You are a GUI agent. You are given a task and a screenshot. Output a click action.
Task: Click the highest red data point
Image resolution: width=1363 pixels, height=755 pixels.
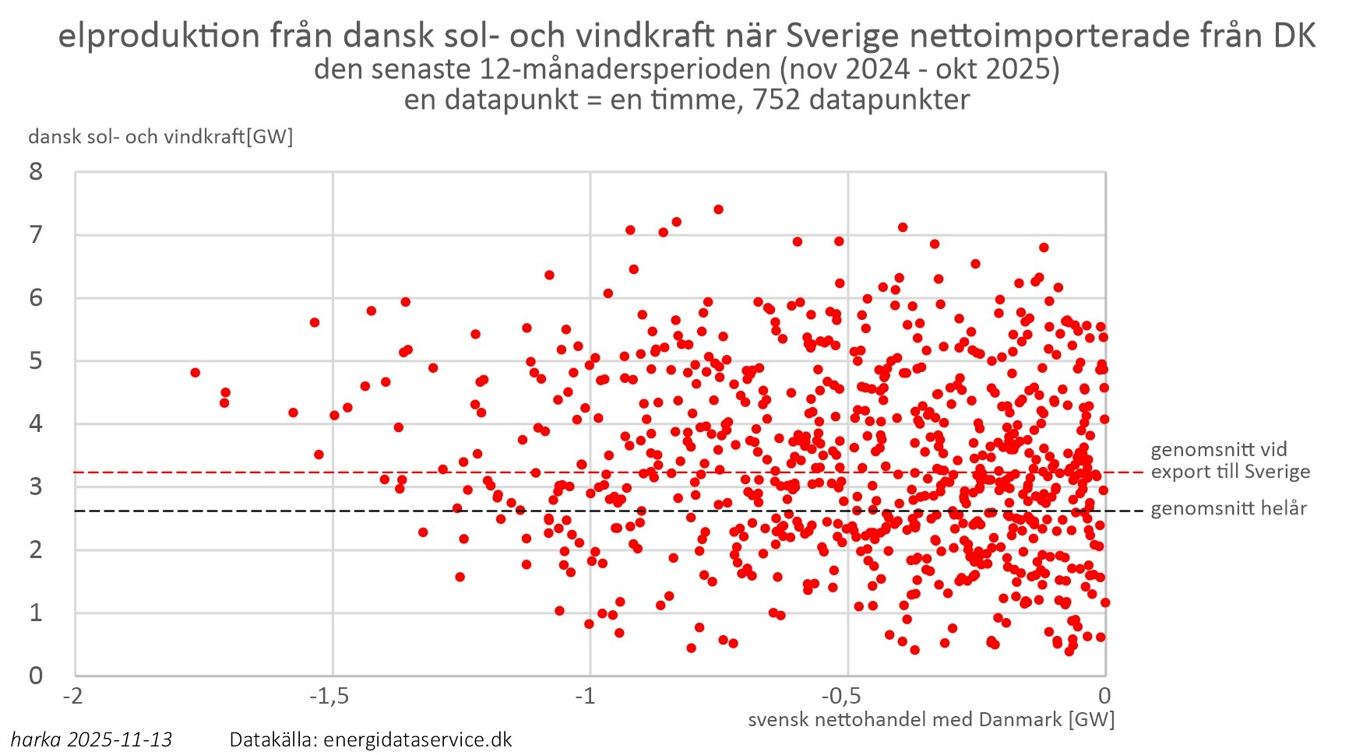tap(718, 209)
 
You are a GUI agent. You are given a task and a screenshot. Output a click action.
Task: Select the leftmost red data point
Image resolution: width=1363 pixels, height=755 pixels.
tap(195, 373)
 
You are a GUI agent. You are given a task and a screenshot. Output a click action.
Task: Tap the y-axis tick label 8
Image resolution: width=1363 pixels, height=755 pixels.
tap(36, 172)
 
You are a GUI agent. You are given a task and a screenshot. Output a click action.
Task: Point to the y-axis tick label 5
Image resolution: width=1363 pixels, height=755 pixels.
tap(36, 361)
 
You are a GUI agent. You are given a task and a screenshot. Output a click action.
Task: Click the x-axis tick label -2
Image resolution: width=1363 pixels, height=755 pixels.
tap(73, 695)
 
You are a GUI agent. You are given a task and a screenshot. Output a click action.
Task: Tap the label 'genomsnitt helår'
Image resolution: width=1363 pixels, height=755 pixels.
tap(1228, 509)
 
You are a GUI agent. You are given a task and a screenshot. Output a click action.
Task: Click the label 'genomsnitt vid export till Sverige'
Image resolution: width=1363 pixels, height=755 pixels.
tap(1230, 461)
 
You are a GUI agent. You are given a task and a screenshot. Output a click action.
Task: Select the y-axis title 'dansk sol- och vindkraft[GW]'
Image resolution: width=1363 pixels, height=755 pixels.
tap(160, 137)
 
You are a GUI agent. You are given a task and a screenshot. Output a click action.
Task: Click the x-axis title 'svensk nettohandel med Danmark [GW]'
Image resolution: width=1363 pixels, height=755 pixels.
tap(931, 719)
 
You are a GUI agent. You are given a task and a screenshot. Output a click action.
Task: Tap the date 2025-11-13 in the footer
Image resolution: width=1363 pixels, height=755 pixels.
tap(120, 739)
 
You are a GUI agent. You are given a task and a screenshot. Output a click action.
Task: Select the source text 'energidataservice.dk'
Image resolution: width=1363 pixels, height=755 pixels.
tap(417, 739)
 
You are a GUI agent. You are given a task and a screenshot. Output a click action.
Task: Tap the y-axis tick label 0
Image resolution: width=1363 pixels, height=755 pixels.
tap(36, 676)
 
